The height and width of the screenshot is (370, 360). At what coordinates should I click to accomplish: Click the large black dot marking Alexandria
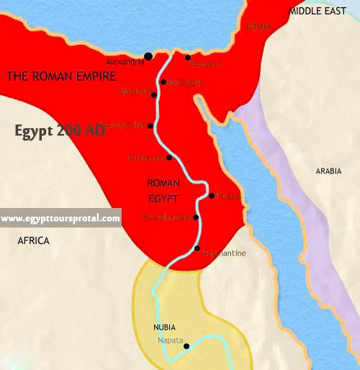point(148,56)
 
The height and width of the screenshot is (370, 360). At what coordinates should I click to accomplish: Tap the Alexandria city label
point(125,61)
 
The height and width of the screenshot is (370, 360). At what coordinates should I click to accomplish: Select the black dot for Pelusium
point(187,58)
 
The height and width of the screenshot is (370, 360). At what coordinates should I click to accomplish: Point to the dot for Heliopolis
point(164,82)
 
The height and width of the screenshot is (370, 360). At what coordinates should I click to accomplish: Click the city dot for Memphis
point(154,93)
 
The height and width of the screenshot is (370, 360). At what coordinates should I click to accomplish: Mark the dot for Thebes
point(211,195)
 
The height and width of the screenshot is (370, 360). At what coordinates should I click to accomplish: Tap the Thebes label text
point(227,196)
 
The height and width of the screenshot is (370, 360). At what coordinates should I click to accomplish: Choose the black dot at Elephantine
point(197,248)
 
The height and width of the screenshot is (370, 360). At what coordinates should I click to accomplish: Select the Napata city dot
point(186,346)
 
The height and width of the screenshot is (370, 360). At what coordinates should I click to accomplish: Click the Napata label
point(170,340)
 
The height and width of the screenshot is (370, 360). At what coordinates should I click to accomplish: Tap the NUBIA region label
point(165,327)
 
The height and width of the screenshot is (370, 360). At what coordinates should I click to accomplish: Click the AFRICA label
point(33,241)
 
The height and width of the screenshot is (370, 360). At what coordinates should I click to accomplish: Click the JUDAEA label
point(260,26)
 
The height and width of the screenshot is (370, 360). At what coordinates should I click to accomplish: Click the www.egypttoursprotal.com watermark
point(60,218)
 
